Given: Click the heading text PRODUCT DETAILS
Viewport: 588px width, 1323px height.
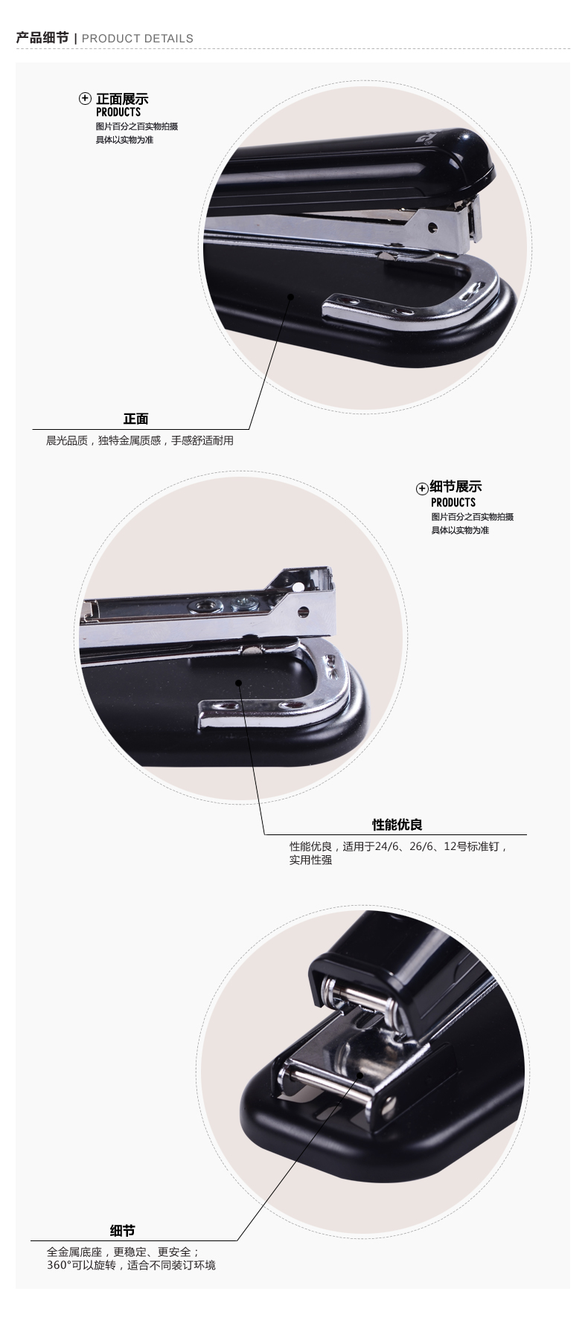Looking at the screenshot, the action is point(138,39).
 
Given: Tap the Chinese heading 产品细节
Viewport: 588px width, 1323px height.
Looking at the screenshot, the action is point(42,38).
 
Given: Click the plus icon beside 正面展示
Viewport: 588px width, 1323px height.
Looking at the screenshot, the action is point(86,99).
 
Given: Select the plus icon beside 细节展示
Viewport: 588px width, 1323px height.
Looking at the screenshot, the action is point(422,489).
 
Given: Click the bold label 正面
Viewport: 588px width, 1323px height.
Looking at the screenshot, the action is point(135,419).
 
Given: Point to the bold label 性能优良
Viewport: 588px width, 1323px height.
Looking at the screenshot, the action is point(397,825).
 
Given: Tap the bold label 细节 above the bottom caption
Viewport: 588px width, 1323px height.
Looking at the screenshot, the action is point(122,1231).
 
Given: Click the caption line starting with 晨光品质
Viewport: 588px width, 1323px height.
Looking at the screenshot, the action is point(140,440).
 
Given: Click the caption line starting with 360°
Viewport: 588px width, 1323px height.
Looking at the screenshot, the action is point(131,1265).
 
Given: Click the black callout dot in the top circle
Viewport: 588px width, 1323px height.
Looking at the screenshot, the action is point(291,296).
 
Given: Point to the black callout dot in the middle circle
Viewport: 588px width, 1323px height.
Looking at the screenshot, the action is point(239,681).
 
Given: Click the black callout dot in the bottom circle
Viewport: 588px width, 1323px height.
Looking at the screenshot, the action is point(359,1075).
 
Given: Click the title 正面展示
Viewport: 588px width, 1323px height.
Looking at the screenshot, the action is point(122,99).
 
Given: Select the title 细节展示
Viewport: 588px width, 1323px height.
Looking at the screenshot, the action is point(456,487).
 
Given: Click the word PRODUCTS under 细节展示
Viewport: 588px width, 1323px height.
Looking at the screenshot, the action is point(453,503).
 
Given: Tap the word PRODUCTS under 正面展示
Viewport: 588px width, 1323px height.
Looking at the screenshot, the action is point(118,112).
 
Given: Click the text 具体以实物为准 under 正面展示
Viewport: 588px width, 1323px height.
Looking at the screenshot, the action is point(124,140).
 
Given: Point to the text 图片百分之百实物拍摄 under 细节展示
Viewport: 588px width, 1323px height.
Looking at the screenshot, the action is point(472,517).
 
